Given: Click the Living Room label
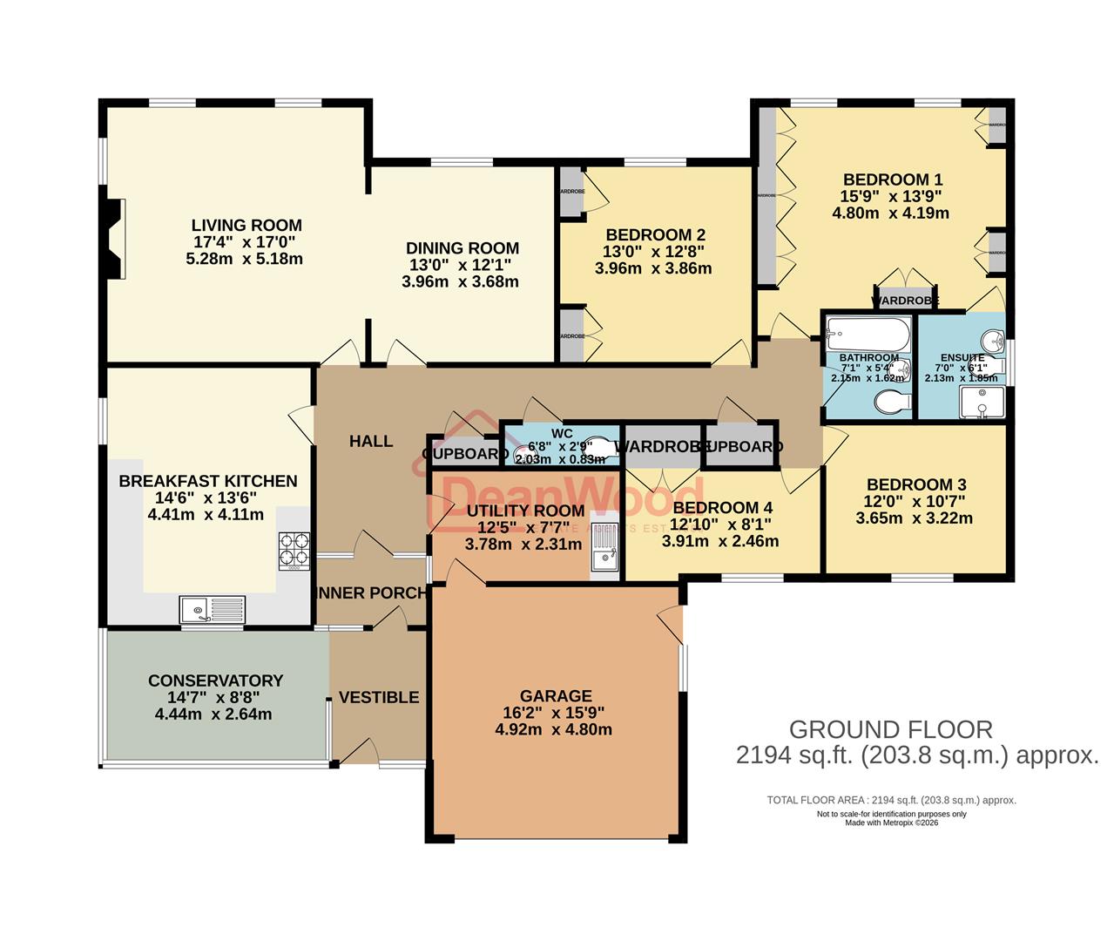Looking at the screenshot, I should (x=246, y=226).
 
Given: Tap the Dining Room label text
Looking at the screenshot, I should (x=462, y=248).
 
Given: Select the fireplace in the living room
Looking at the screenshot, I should (x=114, y=239).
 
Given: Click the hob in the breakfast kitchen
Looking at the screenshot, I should (x=294, y=551).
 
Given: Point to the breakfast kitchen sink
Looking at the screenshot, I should (x=213, y=609).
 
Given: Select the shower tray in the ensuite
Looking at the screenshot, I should (x=982, y=403).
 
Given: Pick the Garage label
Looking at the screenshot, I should (x=556, y=696).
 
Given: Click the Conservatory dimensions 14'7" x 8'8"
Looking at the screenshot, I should (x=213, y=698).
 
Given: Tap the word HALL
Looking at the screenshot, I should (x=371, y=442).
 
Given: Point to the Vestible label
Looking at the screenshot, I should (x=378, y=697).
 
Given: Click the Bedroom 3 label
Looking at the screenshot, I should (x=915, y=485).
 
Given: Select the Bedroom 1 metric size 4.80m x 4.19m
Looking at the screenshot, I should (x=890, y=213).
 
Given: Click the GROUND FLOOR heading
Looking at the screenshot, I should (x=890, y=729).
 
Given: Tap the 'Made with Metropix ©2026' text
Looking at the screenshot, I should (x=891, y=823).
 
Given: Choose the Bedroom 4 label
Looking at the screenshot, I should (x=722, y=508).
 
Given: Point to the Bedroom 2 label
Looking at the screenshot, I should (x=655, y=235).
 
